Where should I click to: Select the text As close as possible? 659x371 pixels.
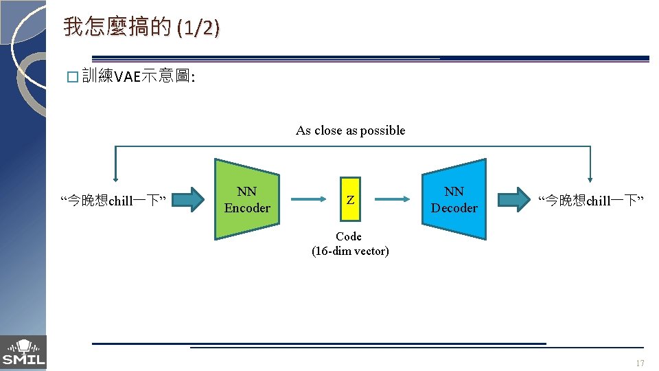pos(350,131)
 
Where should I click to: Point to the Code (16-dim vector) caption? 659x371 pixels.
pos(350,244)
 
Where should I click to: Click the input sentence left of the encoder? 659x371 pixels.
pos(114,201)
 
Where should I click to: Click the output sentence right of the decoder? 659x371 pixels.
pos(590,201)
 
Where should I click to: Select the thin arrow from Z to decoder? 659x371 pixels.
pos(392,200)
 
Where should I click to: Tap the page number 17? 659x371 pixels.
pos(640,363)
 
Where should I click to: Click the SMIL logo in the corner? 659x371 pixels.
pos(23,352)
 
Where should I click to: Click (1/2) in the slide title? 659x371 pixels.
pos(198,28)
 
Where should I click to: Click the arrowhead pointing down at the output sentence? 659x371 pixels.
pos(590,177)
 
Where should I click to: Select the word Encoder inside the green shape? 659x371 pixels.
pos(247,207)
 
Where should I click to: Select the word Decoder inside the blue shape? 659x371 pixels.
pos(454,207)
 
